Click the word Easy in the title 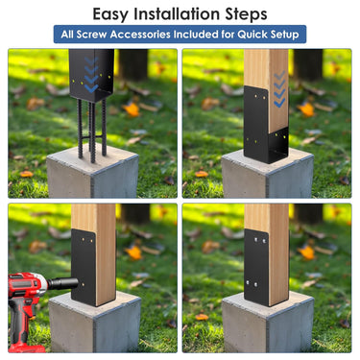pyautogui.click(x=110, y=14)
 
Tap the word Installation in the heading pyautogui.click(x=177, y=13)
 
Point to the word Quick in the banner pyautogui.click(x=252, y=35)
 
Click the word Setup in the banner pyautogui.click(x=284, y=35)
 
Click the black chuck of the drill pyautogui.click(x=63, y=284)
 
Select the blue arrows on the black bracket pyautogui.click(x=91, y=74)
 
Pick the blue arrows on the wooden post pyautogui.click(x=279, y=89)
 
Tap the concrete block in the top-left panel pyautogui.click(x=92, y=173)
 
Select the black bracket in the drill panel pyautogui.click(x=84, y=267)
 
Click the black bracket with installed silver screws pyautogui.click(x=257, y=267)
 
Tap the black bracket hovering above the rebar pyautogui.click(x=91, y=75)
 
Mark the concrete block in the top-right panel pyautogui.click(x=268, y=175)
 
